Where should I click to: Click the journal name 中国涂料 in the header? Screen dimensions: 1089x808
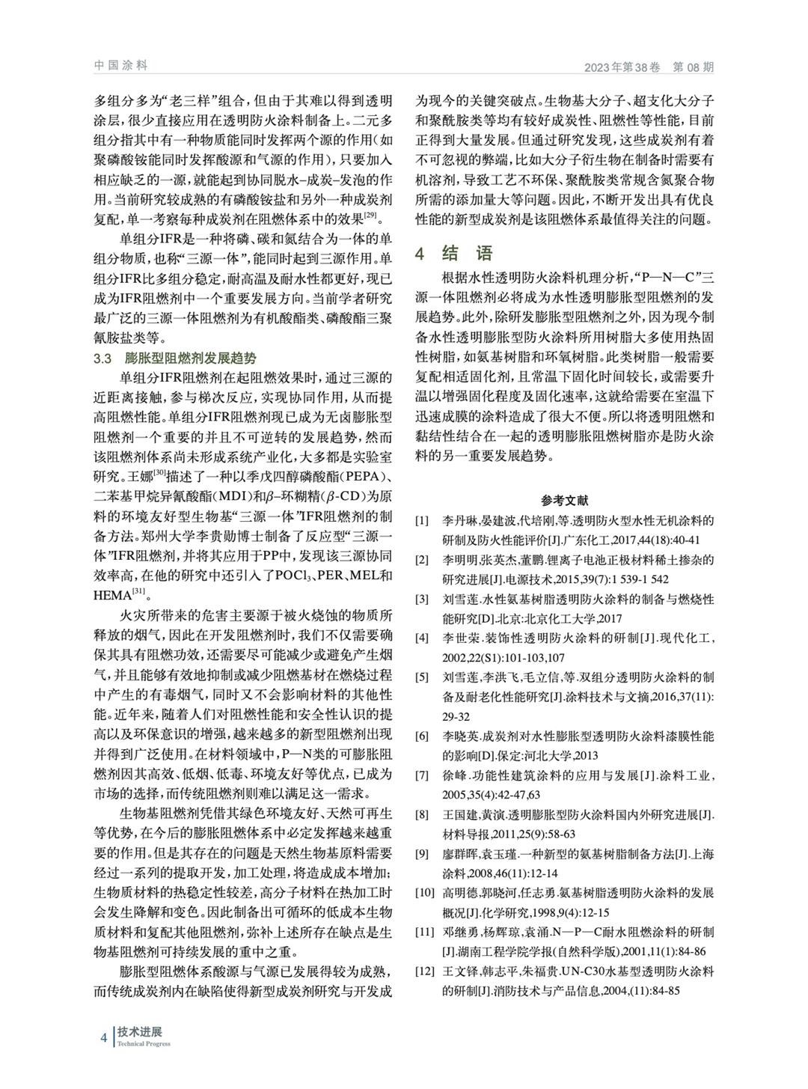[x=120, y=66]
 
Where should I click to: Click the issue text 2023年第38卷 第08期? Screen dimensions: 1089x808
[x=649, y=67]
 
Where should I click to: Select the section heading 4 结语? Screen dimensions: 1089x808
[x=455, y=253]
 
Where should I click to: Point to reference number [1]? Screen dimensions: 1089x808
[x=423, y=520]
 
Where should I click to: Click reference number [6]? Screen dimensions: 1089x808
[x=423, y=737]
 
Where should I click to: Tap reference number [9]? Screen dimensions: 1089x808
[x=423, y=854]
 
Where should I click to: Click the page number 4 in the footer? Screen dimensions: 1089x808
[x=104, y=1037]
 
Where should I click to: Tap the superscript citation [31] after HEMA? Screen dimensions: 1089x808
[x=140, y=592]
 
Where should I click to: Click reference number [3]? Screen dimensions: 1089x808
[x=423, y=600]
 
